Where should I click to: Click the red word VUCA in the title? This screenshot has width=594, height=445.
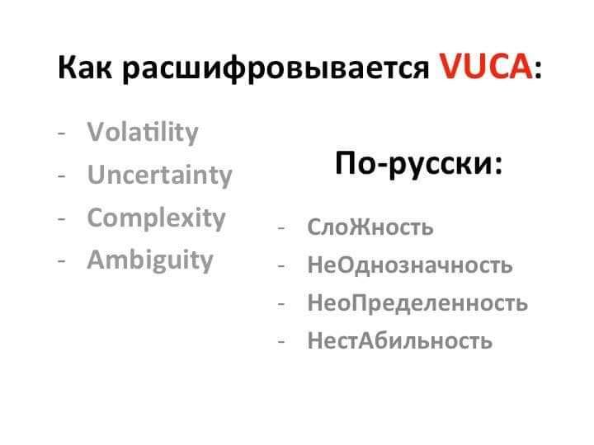pos(486,66)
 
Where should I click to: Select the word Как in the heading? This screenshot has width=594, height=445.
pos(85,67)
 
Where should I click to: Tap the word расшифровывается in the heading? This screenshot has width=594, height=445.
pos(276,68)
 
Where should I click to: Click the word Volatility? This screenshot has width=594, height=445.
pos(143,132)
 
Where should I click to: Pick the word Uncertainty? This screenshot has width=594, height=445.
pos(159,175)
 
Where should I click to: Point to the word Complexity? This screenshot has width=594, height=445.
pos(156,218)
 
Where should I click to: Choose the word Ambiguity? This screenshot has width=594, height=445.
pos(150,260)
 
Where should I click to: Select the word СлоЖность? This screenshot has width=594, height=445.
pos(370,227)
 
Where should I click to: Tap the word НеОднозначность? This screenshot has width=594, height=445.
pos(410,265)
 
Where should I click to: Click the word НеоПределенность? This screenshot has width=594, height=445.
pos(417,302)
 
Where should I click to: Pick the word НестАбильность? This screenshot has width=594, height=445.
pos(399,340)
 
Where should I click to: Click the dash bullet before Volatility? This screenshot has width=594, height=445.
pos(62,133)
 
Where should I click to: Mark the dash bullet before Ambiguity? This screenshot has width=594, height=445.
pos(62,261)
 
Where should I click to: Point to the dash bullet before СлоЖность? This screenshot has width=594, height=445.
pos(281,228)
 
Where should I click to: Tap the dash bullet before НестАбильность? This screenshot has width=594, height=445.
pos(281,342)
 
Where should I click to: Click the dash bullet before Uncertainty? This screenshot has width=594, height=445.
pos(62,176)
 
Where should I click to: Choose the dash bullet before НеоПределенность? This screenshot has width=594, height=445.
pos(281,304)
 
